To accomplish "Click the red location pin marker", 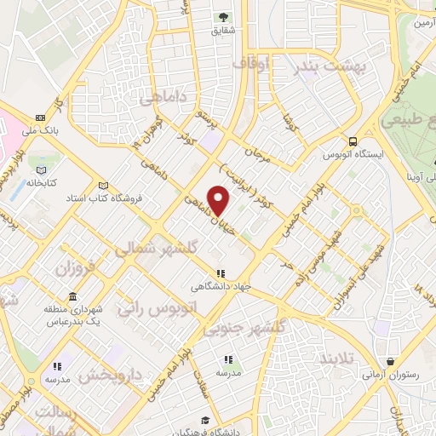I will click(219, 200).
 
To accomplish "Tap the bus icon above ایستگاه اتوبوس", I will click(351, 142).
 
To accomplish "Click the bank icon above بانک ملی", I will click(41, 118).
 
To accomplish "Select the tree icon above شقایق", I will click(224, 17).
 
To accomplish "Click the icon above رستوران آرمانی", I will click(390, 361).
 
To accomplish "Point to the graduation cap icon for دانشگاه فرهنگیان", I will click(205, 421).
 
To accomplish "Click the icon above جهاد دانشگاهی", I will click(221, 273).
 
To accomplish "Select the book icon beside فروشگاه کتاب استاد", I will click(104, 186).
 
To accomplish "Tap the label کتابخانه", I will click(39, 182).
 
